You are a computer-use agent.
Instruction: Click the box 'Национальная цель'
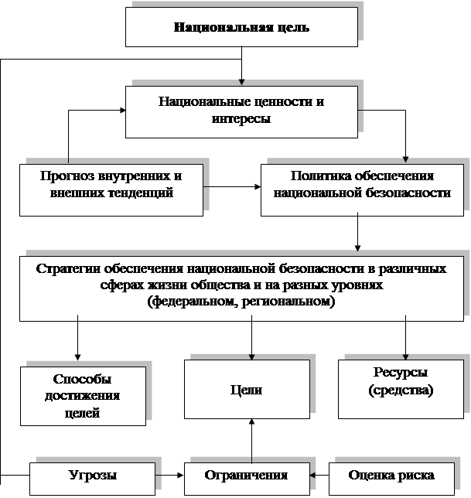(241, 28)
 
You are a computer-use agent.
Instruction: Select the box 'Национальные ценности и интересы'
(241, 111)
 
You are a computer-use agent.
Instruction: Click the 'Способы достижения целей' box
(82, 395)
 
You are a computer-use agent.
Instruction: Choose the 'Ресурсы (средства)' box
(401, 382)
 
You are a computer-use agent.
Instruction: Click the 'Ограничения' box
(245, 474)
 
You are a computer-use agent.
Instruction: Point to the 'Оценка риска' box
(391, 474)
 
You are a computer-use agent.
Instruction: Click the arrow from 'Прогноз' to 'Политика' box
(232, 186)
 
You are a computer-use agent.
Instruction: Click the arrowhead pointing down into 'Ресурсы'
(405, 353)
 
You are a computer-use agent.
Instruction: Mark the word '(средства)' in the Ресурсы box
(401, 391)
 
